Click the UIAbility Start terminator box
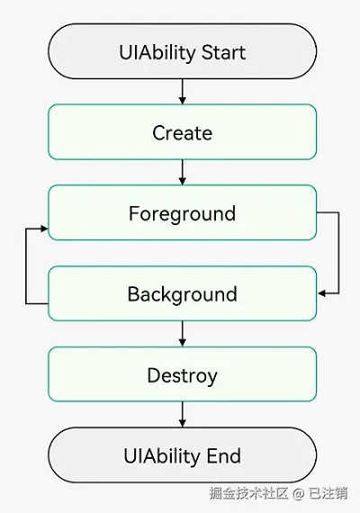point(183,51)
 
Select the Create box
point(183,131)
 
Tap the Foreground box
point(183,212)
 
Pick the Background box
point(183,293)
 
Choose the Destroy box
point(183,374)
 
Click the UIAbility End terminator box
point(183,454)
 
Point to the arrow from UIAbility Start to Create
point(183,92)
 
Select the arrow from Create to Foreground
point(183,173)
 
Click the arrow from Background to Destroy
point(183,334)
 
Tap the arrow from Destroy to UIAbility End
point(183,415)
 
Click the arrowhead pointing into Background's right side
point(321,293)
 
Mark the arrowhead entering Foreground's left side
point(44,229)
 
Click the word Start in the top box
point(223,52)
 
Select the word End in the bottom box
point(224,456)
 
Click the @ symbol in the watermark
point(298,493)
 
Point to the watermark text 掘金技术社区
point(248,493)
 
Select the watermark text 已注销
point(328,493)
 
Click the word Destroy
point(183,375)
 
